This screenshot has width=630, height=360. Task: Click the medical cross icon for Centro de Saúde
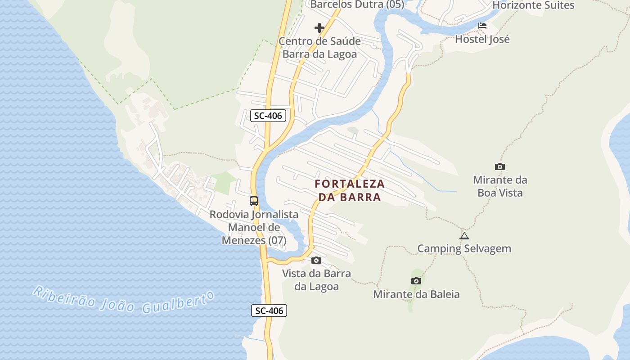pyautogui.click(x=319, y=28)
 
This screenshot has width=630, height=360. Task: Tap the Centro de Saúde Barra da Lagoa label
pyautogui.click(x=319, y=48)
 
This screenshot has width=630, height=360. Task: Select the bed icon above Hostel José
pyautogui.click(x=482, y=26)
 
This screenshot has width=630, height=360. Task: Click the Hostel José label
pyautogui.click(x=482, y=39)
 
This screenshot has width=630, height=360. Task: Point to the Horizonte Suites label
pyautogui.click(x=533, y=5)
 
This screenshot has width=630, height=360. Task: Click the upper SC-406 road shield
pyautogui.click(x=268, y=116)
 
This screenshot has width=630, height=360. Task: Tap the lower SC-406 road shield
pyautogui.click(x=269, y=310)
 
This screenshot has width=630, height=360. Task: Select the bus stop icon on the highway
pyautogui.click(x=254, y=201)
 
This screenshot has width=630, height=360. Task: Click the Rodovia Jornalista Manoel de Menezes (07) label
pyautogui.click(x=254, y=227)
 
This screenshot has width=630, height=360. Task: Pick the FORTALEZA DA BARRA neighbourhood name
pyautogui.click(x=350, y=190)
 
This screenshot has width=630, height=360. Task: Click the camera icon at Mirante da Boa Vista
pyautogui.click(x=499, y=167)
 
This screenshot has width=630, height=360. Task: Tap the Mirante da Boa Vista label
pyautogui.click(x=500, y=186)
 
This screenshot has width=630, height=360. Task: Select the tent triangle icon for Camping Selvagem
pyautogui.click(x=464, y=236)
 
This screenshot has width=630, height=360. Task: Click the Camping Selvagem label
pyautogui.click(x=464, y=248)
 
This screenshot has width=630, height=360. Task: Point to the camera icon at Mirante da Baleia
pyautogui.click(x=416, y=281)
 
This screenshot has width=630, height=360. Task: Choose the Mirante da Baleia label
pyautogui.click(x=416, y=294)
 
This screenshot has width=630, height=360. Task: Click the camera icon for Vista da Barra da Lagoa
pyautogui.click(x=316, y=260)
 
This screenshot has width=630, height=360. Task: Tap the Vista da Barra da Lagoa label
pyautogui.click(x=316, y=280)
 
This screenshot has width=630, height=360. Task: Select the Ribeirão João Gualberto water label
pyautogui.click(x=123, y=300)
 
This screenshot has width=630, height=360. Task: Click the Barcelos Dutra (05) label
pyautogui.click(x=357, y=4)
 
